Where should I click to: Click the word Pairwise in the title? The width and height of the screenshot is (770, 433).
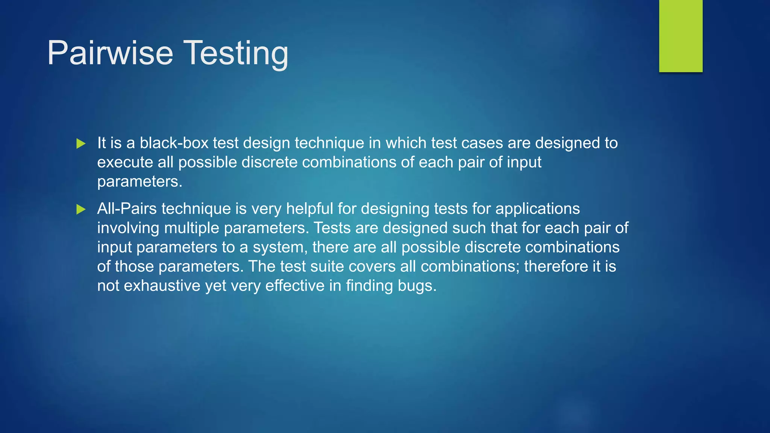coord(110,53)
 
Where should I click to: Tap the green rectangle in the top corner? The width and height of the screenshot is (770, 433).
coord(681,36)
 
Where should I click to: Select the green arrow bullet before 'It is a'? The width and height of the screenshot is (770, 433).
coord(81,144)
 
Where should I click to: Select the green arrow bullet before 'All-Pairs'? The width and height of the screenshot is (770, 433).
coord(81,209)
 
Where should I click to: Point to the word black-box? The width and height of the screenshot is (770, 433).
coord(174,143)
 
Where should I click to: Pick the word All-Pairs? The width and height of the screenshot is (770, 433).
coord(127,209)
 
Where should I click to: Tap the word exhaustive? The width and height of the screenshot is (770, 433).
coord(162,286)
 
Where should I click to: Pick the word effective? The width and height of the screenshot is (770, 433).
coord(295,286)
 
